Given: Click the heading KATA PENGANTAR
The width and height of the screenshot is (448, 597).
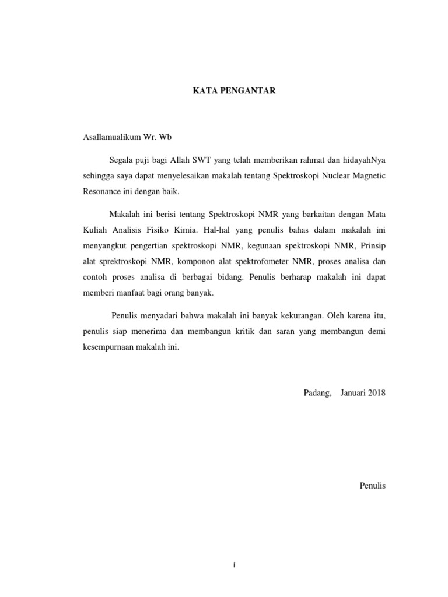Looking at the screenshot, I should coord(235,92).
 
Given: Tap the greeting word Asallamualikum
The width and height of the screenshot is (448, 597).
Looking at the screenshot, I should coord(111,138).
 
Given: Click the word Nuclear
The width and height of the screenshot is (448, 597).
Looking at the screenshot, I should coord(331,175).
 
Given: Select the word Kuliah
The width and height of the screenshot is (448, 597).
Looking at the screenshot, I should coord(94,229).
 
